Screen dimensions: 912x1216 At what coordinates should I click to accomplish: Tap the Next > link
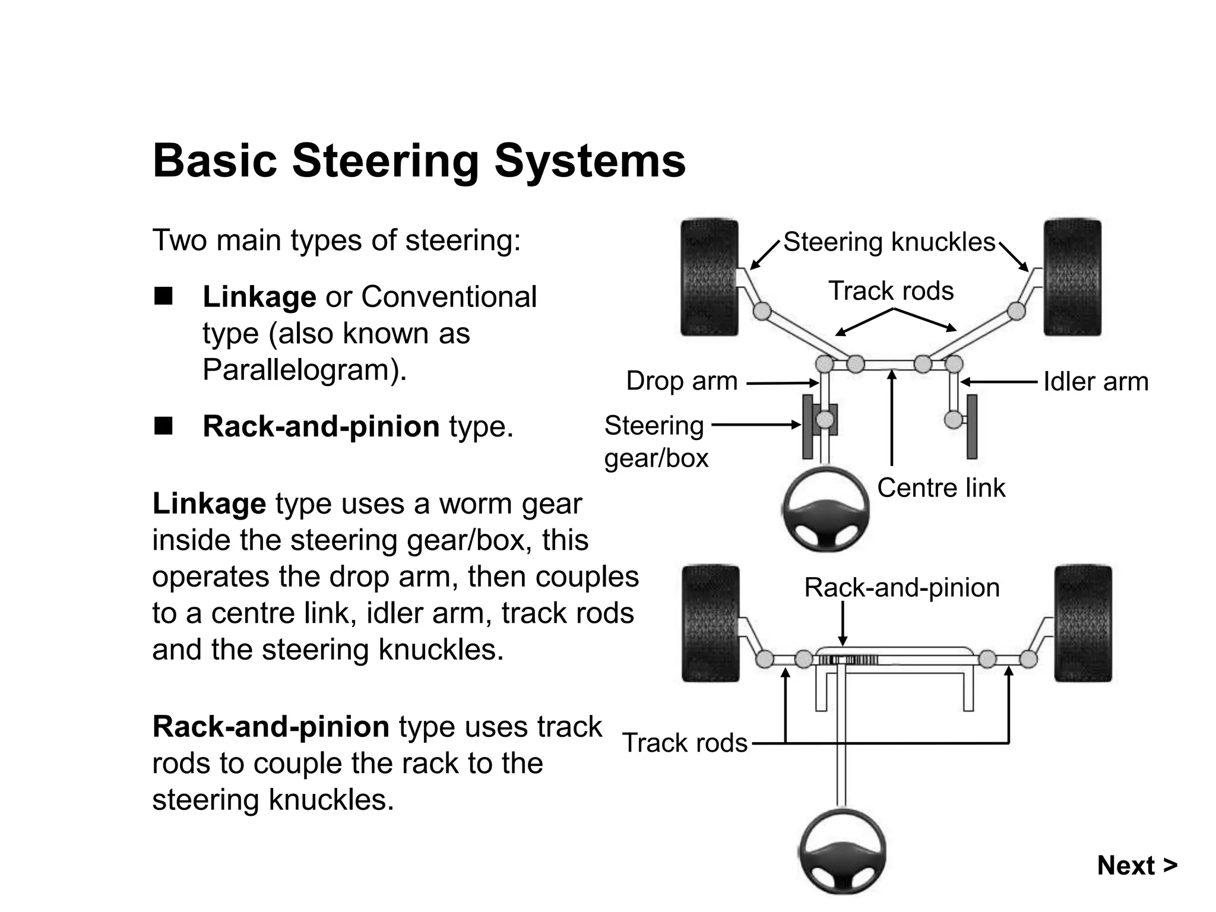pyautogui.click(x=1136, y=865)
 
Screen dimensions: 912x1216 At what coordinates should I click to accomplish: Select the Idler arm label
pyautogui.click(x=1095, y=381)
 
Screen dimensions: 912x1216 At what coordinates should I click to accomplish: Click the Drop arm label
pyautogui.click(x=682, y=381)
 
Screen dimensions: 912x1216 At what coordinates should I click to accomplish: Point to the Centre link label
pyautogui.click(x=941, y=488)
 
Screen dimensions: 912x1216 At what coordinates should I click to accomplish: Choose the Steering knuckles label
pyautogui.click(x=889, y=242)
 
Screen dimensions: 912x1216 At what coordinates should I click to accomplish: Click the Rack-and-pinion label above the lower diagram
pyautogui.click(x=901, y=588)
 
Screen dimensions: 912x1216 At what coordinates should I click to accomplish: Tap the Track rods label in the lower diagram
pyautogui.click(x=685, y=743)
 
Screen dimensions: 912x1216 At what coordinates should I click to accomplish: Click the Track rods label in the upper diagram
pyautogui.click(x=891, y=291)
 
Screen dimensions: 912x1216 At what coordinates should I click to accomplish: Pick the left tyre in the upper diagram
pyautogui.click(x=709, y=278)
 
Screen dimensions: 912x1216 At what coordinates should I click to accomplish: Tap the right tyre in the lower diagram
pyautogui.click(x=1082, y=623)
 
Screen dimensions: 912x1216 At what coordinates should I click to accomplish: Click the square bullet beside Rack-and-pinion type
pyautogui.click(x=163, y=426)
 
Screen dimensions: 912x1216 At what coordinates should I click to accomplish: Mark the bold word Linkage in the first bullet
pyautogui.click(x=259, y=297)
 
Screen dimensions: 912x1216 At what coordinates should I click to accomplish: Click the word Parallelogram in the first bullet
pyautogui.click(x=300, y=370)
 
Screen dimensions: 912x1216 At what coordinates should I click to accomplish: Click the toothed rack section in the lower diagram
pyautogui.click(x=849, y=660)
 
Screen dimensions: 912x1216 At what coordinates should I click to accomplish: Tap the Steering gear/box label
pyautogui.click(x=655, y=442)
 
